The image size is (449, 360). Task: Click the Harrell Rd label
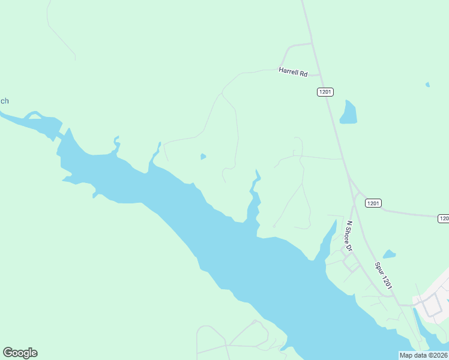[293, 72]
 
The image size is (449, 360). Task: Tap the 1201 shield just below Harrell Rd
[325, 92]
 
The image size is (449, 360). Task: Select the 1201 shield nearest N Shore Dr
[373, 203]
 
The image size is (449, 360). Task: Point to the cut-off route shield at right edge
[444, 218]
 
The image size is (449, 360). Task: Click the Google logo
[20, 353]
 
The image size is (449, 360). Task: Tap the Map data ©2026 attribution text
[424, 355]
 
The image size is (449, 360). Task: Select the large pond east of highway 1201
[348, 112]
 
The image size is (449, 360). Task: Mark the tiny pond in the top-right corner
[427, 85]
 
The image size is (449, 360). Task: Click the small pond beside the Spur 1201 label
[390, 254]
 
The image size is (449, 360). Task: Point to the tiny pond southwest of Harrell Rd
[203, 157]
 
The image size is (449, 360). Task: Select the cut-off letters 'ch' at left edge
[4, 101]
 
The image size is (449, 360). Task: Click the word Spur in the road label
[379, 268]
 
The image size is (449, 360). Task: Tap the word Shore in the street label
[346, 235]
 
